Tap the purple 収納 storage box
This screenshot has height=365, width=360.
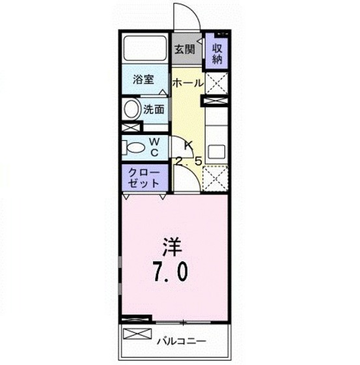pyautogui.click(x=217, y=51)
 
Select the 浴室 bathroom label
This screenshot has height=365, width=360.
pyautogui.click(x=144, y=80)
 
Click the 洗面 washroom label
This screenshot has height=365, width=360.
pyautogui.click(x=154, y=109)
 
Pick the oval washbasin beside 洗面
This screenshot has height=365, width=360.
pyautogui.click(x=131, y=109)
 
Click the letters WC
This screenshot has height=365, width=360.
pyautogui.click(x=157, y=147)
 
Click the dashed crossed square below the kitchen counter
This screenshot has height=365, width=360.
pyautogui.click(x=215, y=178)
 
